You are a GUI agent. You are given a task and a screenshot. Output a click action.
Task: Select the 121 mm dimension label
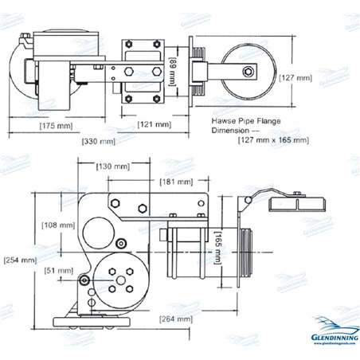pyautogui.click(x=154, y=125)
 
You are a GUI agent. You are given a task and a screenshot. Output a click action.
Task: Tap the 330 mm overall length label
pyautogui.click(x=99, y=141)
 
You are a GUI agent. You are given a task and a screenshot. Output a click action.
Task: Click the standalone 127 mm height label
pyautogui.click(x=300, y=78)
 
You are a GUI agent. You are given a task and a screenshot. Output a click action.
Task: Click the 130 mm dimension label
pyautogui.click(x=114, y=166)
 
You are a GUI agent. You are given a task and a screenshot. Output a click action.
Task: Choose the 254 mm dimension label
pyautogui.click(x=19, y=260)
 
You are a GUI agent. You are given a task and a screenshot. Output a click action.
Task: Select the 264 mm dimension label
pyautogui.click(x=174, y=319)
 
